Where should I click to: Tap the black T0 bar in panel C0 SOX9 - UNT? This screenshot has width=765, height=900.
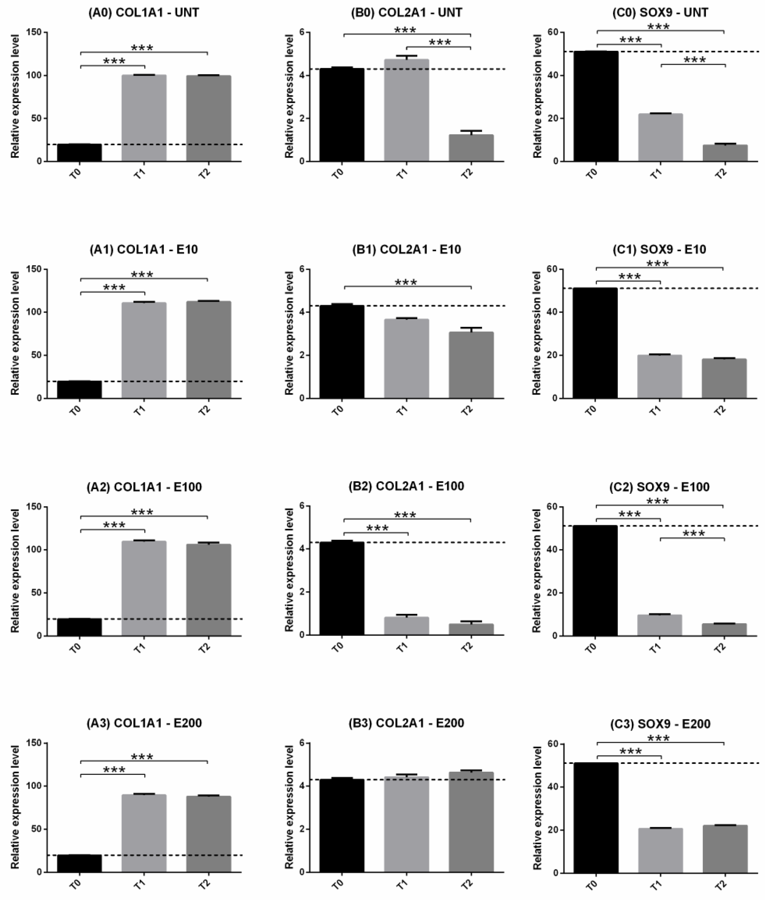596,106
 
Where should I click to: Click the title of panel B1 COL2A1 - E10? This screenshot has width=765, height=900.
406,249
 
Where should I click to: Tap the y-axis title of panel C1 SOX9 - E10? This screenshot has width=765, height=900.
536,333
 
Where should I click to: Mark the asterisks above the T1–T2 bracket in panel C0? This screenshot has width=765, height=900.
694,60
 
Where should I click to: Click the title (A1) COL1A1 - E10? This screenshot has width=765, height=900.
144,249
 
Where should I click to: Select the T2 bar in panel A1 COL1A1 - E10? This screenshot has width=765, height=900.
209,350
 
